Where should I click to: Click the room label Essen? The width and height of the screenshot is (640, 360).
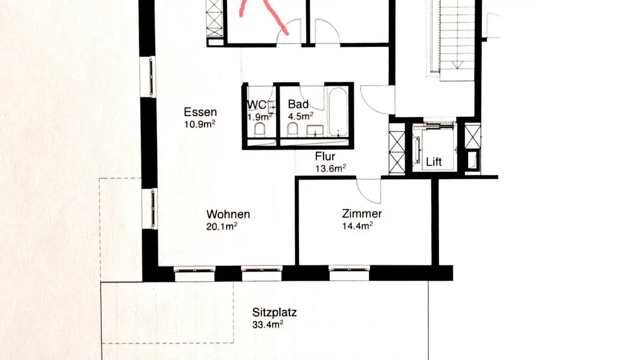pyautogui.click(x=200, y=112)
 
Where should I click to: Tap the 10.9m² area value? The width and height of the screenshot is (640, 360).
pyautogui.click(x=200, y=124)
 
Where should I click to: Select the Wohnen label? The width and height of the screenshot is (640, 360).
pyautogui.click(x=228, y=214)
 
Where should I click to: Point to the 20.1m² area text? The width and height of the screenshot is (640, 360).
pyautogui.click(x=221, y=227)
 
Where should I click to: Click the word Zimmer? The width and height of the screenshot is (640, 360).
pyautogui.click(x=362, y=214)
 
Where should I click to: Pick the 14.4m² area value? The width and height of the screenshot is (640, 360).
pyautogui.click(x=357, y=226)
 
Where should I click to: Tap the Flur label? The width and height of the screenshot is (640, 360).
pyautogui.click(x=325, y=156)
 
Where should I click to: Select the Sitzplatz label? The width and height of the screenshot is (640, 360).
pyautogui.click(x=274, y=312)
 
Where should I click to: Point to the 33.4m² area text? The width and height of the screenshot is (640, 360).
pyautogui.click(x=268, y=325)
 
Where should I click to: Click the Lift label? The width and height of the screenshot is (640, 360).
pyautogui.click(x=434, y=162)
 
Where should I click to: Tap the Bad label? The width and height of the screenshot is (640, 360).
pyautogui.click(x=298, y=104)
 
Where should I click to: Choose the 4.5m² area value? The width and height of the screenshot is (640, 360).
pyautogui.click(x=301, y=116)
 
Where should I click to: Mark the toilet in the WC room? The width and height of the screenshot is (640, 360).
pyautogui.click(x=260, y=130)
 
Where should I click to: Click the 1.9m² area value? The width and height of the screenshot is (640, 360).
pyautogui.click(x=260, y=117)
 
